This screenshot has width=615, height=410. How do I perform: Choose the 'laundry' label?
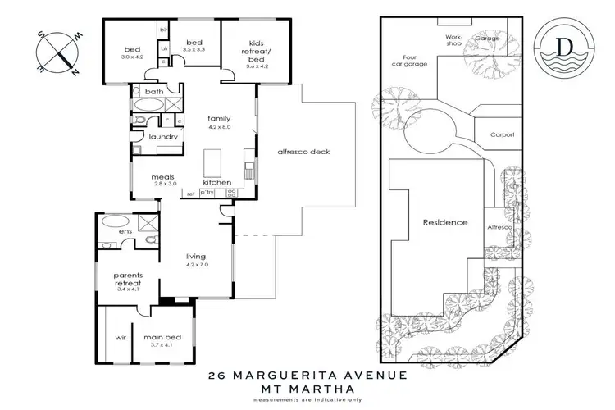(x=162, y=137)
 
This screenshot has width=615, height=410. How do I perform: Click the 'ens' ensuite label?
(x=125, y=232)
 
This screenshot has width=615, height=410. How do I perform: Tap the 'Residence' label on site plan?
(x=444, y=222)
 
